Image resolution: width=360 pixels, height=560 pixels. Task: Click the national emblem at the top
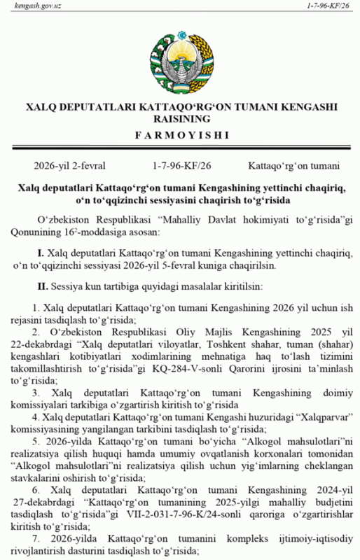(180, 59)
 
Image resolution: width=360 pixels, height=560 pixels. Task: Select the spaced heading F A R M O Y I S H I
(180, 134)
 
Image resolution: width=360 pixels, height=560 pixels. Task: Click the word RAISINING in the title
(181, 120)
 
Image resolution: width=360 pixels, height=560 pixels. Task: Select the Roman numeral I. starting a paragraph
(41, 251)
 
